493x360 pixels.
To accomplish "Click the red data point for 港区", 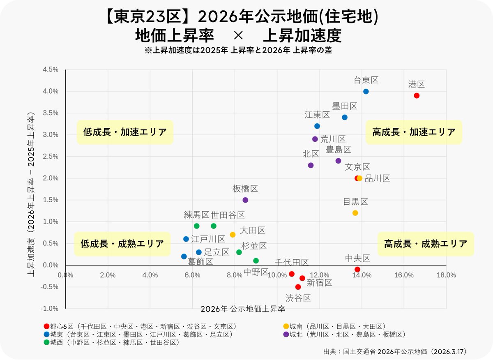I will click(417, 95).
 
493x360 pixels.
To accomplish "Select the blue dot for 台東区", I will click(366, 91).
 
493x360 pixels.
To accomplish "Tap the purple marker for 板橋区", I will click(245, 200).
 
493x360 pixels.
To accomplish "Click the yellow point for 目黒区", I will click(355, 213).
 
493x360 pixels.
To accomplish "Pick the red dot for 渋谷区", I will click(298, 287).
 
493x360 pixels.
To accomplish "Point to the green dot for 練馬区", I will click(197, 226).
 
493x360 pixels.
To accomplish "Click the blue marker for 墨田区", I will click(345, 117).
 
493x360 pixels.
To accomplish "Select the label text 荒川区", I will click(333, 139).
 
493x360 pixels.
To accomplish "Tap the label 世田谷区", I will click(228, 215).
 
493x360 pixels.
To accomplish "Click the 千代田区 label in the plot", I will click(291, 262).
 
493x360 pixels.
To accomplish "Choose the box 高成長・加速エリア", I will click(414, 132).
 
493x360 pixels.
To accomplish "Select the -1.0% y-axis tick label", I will click(49, 309).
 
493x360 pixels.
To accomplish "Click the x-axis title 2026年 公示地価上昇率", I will click(243, 308).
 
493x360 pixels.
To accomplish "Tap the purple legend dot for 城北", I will click(286, 335).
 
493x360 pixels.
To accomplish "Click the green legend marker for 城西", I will click(46, 342).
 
